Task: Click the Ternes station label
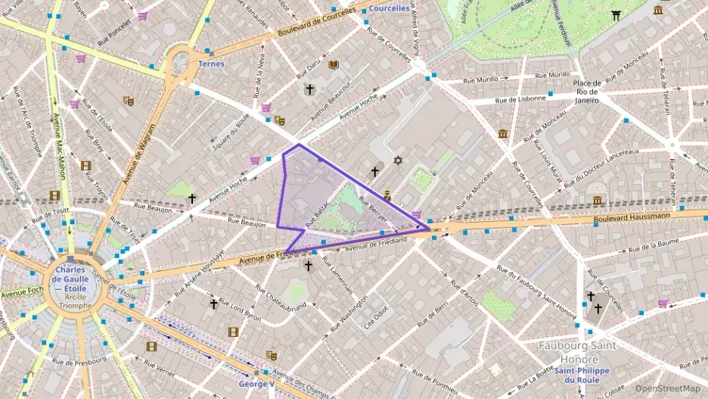(x=211, y=64)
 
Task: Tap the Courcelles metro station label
(x=389, y=8)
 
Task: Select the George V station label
(x=256, y=384)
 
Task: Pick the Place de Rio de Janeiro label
(x=586, y=91)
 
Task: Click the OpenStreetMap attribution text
(x=667, y=388)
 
